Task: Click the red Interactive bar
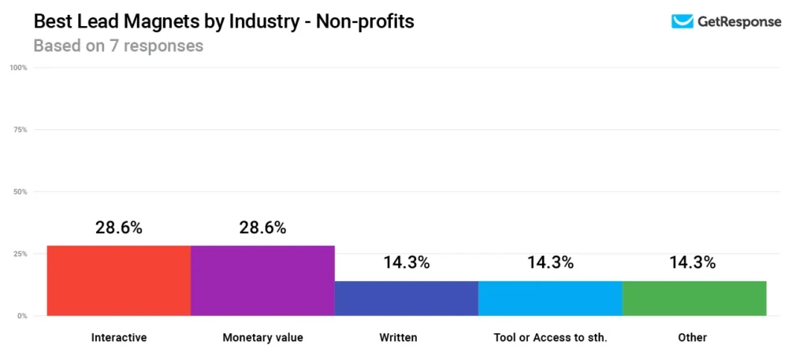(x=119, y=280)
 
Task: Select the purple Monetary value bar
(x=262, y=280)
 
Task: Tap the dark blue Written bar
(x=407, y=298)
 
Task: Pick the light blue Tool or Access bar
(x=550, y=298)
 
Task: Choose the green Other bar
(x=694, y=298)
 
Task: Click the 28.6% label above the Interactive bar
(x=119, y=228)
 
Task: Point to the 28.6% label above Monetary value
(x=262, y=228)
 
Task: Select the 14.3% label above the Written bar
(x=407, y=263)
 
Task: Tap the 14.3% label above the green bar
(x=694, y=263)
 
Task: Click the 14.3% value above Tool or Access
(x=550, y=263)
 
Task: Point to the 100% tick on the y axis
(x=19, y=68)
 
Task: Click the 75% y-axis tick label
(x=20, y=130)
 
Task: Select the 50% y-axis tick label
(x=20, y=192)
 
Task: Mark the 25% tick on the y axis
(x=20, y=254)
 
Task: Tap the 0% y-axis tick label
(x=22, y=316)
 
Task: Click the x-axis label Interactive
(x=119, y=338)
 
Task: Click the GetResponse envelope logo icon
(x=682, y=22)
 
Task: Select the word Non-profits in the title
(x=365, y=21)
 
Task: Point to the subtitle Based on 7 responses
(x=118, y=46)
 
